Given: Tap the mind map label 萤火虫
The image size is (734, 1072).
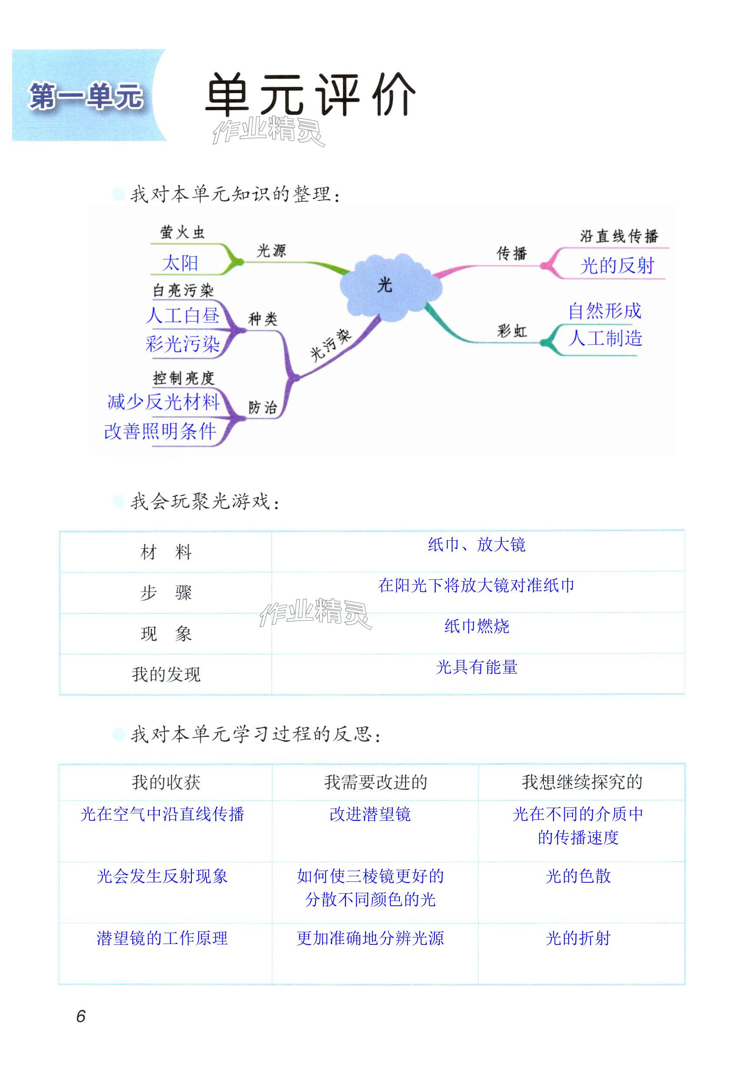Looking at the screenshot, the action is [182, 232].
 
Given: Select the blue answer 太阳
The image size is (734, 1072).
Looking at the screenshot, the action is [180, 263].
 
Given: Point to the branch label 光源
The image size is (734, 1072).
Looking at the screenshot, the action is [271, 251].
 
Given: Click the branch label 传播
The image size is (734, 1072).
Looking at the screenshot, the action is [511, 253].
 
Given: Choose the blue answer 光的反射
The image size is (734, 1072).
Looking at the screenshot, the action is [617, 266].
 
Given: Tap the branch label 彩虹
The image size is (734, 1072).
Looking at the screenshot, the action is [512, 331].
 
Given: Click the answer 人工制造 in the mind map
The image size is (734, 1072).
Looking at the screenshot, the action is [605, 339].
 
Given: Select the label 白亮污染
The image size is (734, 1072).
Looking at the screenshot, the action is [183, 290].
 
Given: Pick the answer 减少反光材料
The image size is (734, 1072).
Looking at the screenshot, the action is [163, 402].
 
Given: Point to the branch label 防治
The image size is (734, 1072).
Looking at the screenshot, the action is [263, 407].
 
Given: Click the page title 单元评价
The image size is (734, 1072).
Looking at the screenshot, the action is [310, 95].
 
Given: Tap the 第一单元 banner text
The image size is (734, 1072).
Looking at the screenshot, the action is [86, 96].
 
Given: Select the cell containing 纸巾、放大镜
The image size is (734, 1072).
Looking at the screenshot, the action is [477, 545].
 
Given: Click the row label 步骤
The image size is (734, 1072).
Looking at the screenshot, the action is [166, 593].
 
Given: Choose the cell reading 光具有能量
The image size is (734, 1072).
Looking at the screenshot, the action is [477, 667].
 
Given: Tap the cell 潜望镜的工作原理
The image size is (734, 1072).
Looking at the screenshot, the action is [162, 938].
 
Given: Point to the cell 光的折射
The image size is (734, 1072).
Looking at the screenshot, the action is [578, 938].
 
